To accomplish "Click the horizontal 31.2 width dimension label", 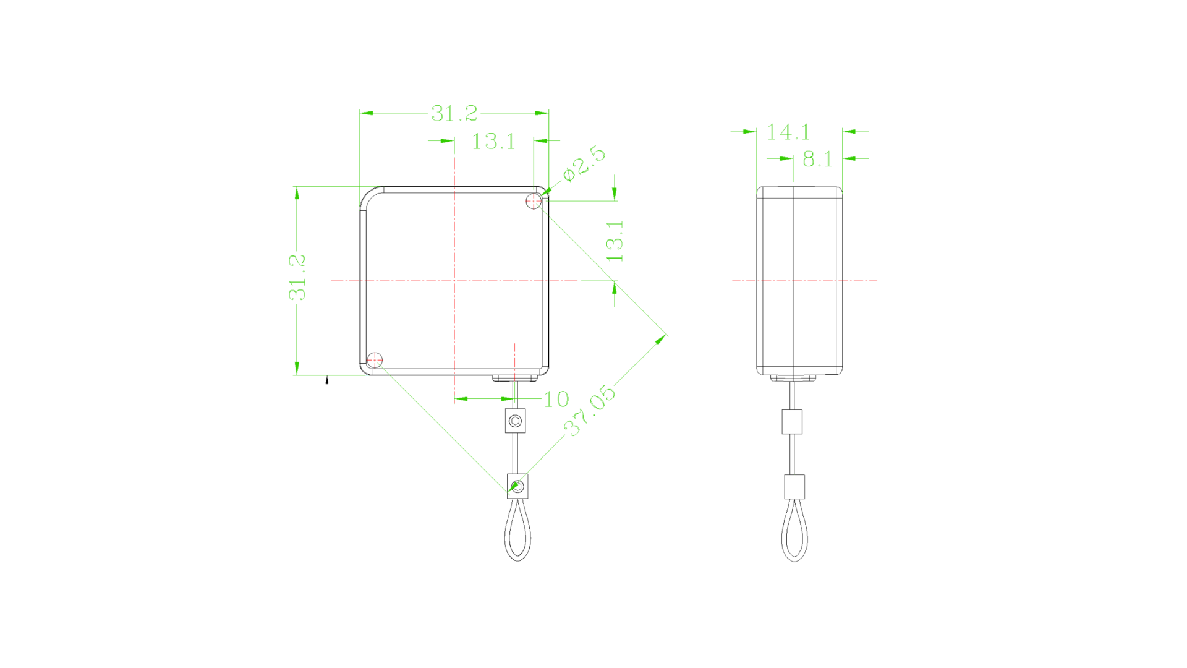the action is click(454, 113).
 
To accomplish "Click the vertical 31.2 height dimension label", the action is click(297, 278).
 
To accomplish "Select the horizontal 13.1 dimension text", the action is click(493, 142).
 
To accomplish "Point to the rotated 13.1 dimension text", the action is click(615, 241).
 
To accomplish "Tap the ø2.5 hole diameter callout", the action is click(585, 163).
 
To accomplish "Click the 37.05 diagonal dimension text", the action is click(590, 411).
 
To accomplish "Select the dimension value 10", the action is click(556, 400).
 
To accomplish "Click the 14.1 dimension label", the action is click(788, 132).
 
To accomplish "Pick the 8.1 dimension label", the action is click(817, 160).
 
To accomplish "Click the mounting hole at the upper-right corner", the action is click(534, 201).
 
